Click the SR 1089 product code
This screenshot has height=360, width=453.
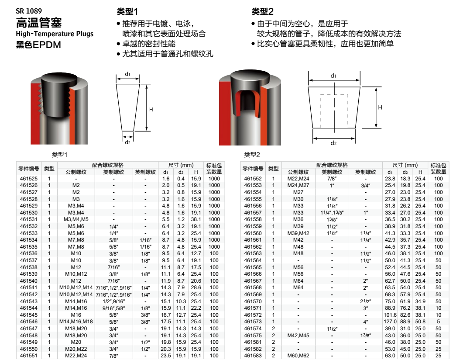pyautogui.click(x=29, y=11)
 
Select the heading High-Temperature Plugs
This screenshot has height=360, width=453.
pyautogui.click(x=55, y=34)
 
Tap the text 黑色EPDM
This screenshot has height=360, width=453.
pyautogui.click(x=38, y=45)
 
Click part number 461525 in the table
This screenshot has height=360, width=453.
pyautogui.click(x=29, y=179)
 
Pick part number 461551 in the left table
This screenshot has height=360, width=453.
pyautogui.click(x=29, y=356)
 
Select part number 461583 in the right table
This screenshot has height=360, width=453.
pyautogui.click(x=253, y=356)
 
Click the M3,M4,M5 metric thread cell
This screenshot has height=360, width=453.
pyautogui.click(x=76, y=219)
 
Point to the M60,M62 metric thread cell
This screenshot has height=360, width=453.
pyautogui.click(x=298, y=356)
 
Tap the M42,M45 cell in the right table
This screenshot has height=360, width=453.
pyautogui.click(x=298, y=336)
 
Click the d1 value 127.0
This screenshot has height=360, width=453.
pyautogui.click(x=390, y=322)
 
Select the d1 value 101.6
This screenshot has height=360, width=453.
pyautogui.click(x=390, y=315)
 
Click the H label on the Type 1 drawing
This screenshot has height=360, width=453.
pyautogui.click(x=151, y=110)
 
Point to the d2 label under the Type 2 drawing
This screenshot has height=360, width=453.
pyautogui.click(x=334, y=143)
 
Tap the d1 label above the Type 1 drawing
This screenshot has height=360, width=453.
pyautogui.click(x=127, y=74)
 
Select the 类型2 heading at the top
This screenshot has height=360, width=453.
pyautogui.click(x=262, y=11)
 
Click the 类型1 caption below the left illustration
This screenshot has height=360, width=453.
pyautogui.click(x=59, y=155)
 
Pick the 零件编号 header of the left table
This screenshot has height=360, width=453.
pyautogui.click(x=29, y=169)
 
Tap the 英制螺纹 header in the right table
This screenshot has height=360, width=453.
pyautogui.click(x=365, y=172)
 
